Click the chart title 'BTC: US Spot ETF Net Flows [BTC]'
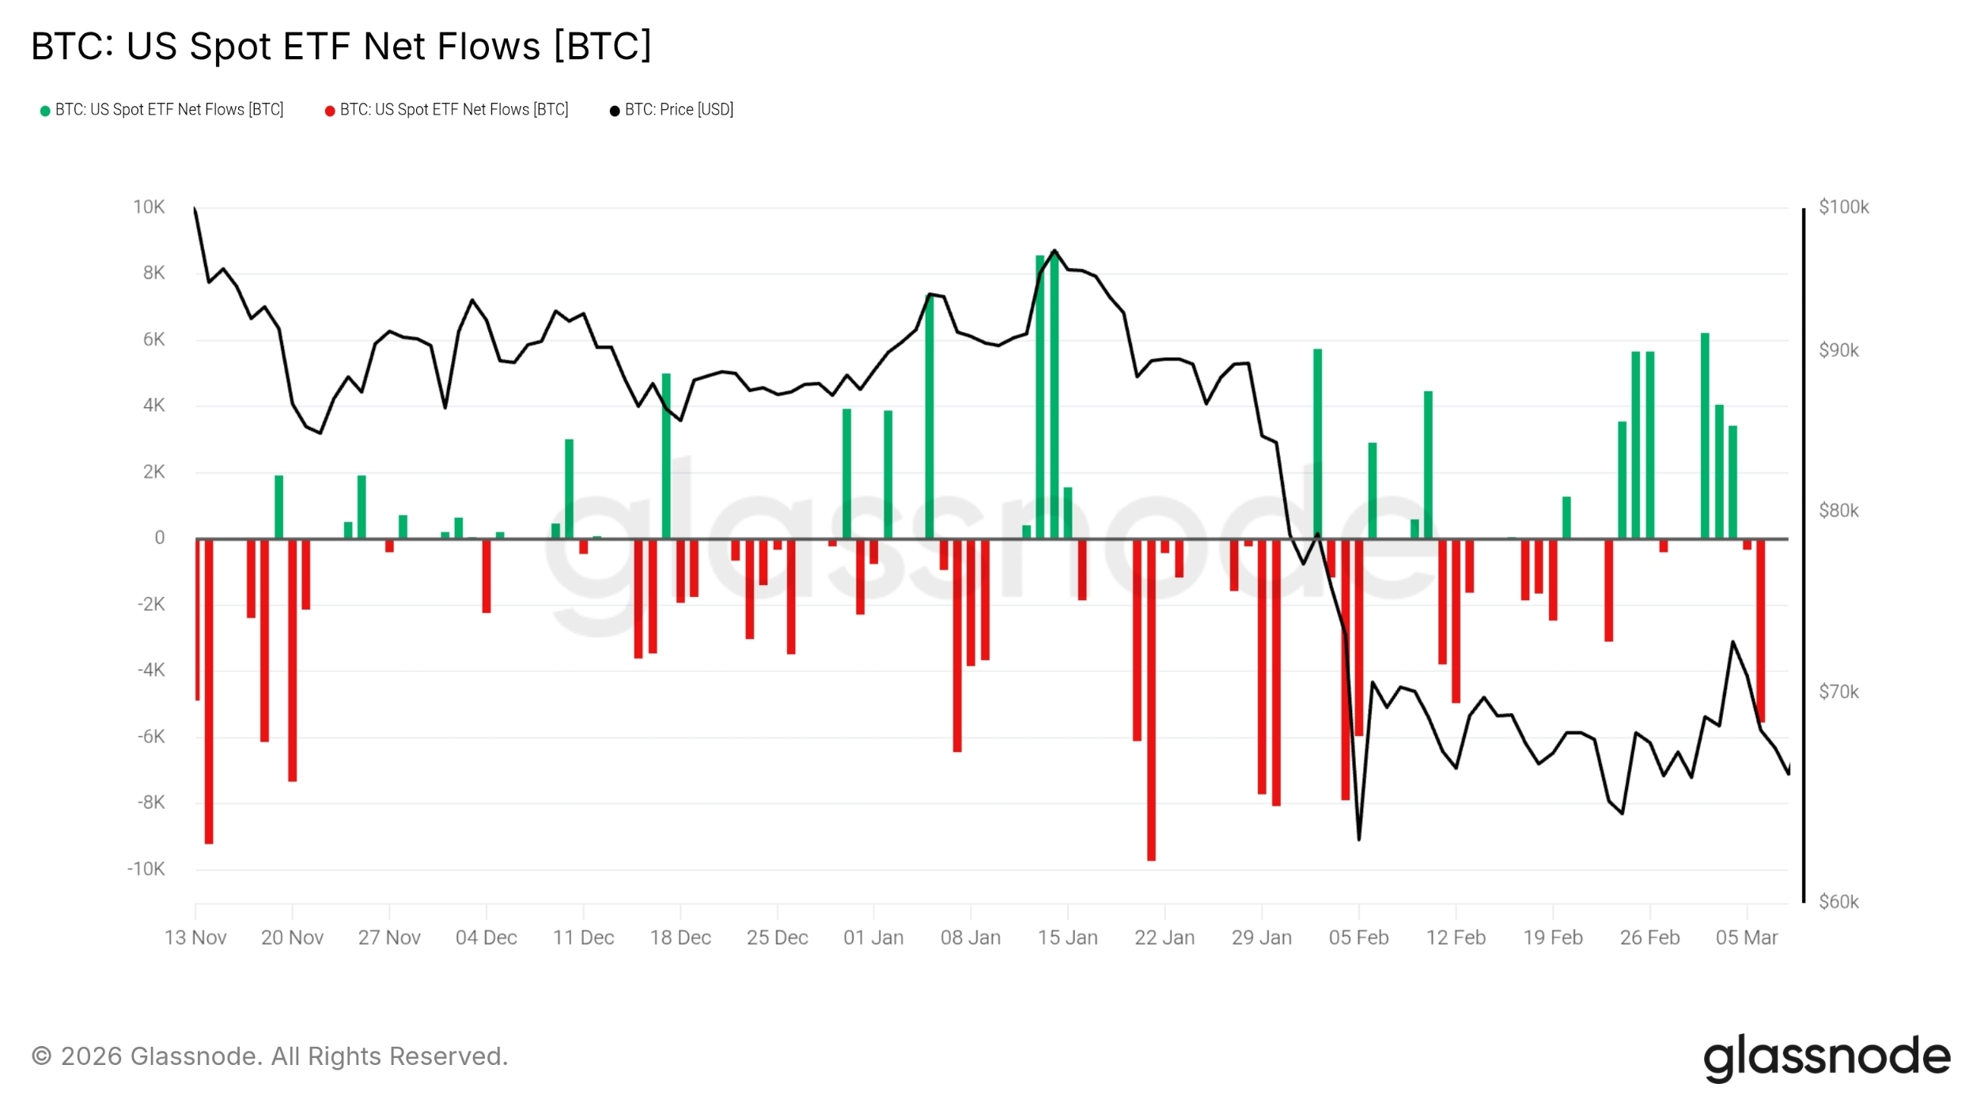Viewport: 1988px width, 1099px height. pyautogui.click(x=341, y=46)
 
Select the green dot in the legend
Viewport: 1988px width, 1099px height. pyautogui.click(x=45, y=111)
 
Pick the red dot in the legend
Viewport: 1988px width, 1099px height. pyautogui.click(x=330, y=111)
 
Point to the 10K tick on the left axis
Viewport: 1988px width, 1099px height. pyautogui.click(x=149, y=207)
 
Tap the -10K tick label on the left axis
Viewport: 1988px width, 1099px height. pyautogui.click(x=146, y=870)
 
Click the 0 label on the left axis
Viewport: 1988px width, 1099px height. pyautogui.click(x=160, y=538)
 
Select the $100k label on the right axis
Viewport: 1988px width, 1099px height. pyautogui.click(x=1843, y=207)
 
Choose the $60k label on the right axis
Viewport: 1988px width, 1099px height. pyautogui.click(x=1838, y=902)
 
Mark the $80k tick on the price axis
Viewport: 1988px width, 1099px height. pyautogui.click(x=1838, y=511)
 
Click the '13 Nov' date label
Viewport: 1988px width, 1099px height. pyautogui.click(x=195, y=938)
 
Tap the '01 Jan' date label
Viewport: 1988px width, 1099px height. pyautogui.click(x=873, y=938)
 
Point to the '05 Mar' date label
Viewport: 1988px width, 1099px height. pyautogui.click(x=1747, y=938)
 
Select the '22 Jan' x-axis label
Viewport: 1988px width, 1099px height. pyautogui.click(x=1164, y=938)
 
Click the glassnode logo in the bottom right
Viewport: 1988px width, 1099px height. pyautogui.click(x=1827, y=1057)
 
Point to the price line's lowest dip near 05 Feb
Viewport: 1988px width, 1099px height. pyautogui.click(x=1359, y=838)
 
